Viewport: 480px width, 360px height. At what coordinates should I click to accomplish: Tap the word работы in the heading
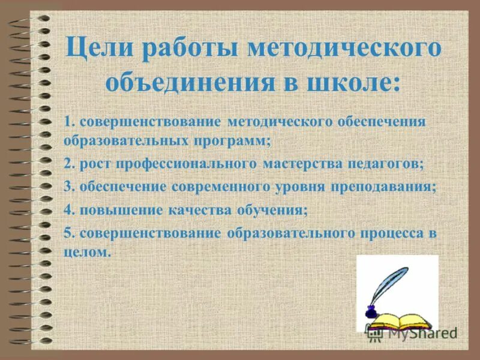(x=182, y=49)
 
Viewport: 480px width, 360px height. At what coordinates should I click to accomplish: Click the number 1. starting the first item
(x=68, y=122)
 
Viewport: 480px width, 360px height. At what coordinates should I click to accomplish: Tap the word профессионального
(x=182, y=163)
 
